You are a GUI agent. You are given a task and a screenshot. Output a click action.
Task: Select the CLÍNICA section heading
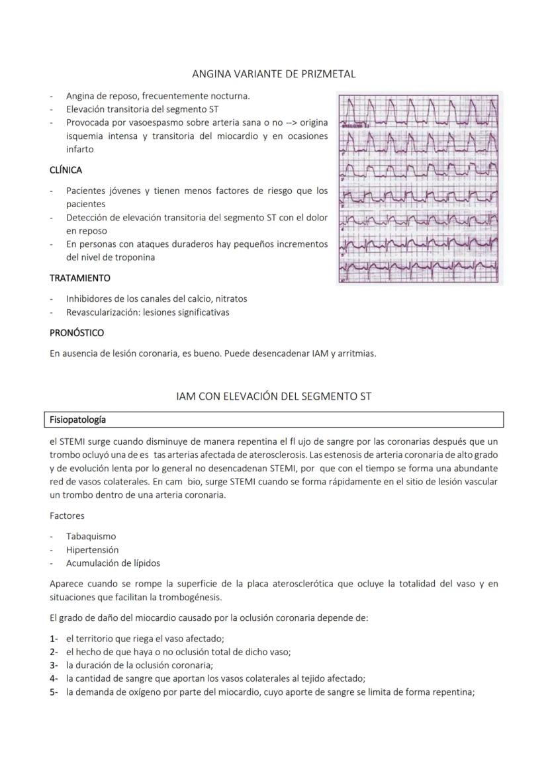click(x=66, y=170)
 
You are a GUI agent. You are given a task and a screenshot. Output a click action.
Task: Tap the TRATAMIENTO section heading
click(x=79, y=278)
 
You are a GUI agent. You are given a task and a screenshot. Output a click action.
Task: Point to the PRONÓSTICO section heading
click(x=77, y=332)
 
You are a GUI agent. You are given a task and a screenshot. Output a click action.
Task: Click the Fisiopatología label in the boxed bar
click(x=77, y=420)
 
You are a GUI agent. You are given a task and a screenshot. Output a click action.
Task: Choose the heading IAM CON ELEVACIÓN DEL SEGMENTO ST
click(x=273, y=396)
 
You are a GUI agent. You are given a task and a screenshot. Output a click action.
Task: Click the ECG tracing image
click(x=419, y=188)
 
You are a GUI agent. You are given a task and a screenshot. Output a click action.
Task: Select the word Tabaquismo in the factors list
click(x=91, y=536)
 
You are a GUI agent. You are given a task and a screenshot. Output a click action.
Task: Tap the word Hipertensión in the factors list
click(x=92, y=549)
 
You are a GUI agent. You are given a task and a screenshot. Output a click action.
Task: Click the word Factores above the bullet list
click(x=67, y=515)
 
